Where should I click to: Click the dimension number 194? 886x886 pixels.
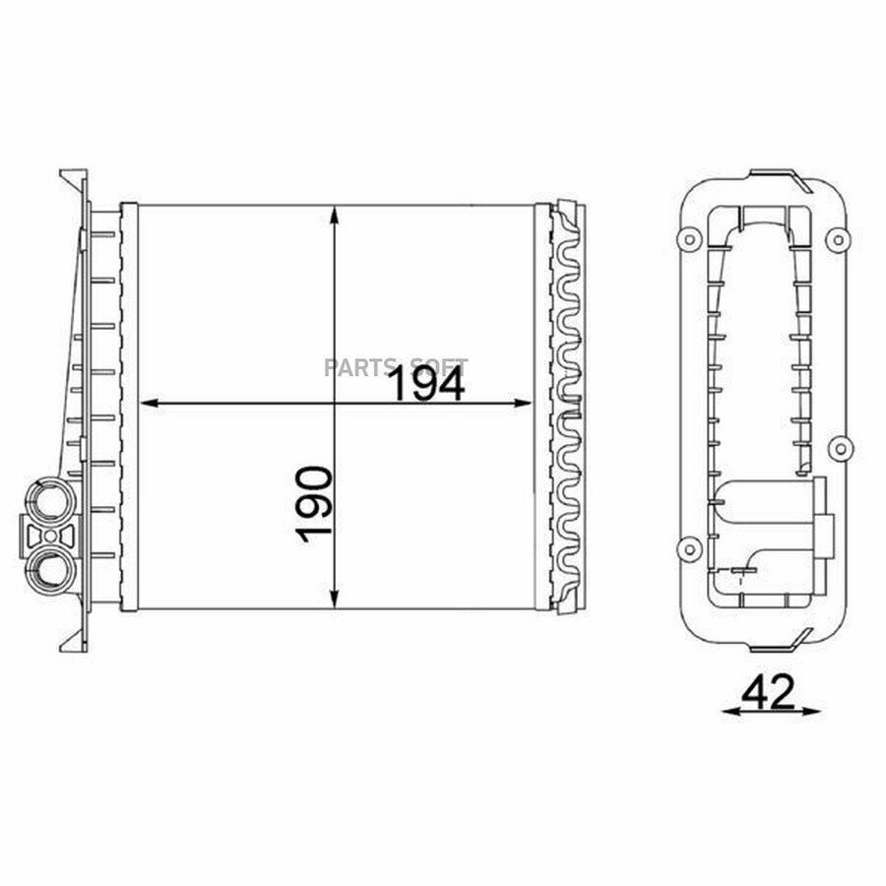[x=428, y=383]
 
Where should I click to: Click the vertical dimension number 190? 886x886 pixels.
[x=314, y=505]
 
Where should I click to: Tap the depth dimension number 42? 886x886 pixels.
[x=768, y=693]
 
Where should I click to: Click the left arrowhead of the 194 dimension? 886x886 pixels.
[x=149, y=403]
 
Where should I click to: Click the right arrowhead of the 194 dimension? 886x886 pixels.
[x=522, y=403]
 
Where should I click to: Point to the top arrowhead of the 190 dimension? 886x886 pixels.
[x=335, y=216]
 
